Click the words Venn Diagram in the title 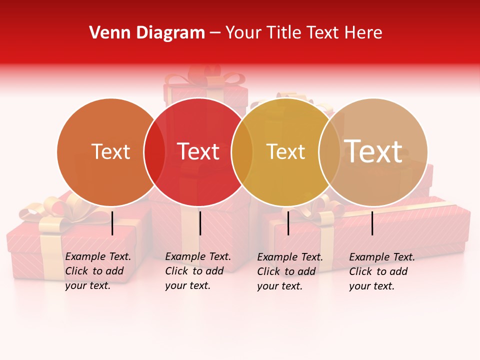[x=147, y=33]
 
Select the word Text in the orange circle [x=110, y=151]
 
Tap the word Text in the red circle [x=198, y=151]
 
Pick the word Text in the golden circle [x=285, y=151]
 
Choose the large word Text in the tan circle [x=373, y=151]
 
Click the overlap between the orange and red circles [x=154, y=152]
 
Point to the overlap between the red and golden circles [x=242, y=152]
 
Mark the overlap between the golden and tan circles [x=329, y=152]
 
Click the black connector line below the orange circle [x=112, y=223]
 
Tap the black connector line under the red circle [x=200, y=223]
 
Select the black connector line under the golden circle [x=288, y=223]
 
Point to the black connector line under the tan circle [x=372, y=223]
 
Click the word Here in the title [x=365, y=33]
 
